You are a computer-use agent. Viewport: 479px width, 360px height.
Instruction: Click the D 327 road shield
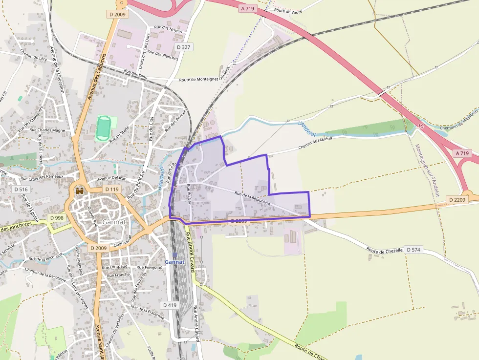pyautogui.click(x=182, y=47)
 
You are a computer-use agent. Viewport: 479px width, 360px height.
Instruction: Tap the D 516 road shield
pyautogui.click(x=21, y=189)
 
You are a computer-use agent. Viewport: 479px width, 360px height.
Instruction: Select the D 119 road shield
pyautogui.click(x=112, y=189)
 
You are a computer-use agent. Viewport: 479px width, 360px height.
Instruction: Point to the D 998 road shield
pyautogui.click(x=56, y=218)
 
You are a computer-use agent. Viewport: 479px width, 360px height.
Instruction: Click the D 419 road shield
pyautogui.click(x=169, y=305)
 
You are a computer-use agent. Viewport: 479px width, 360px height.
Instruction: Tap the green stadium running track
pyautogui.click(x=103, y=127)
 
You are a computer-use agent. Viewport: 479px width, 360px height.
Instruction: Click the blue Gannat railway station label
pyautogui.click(x=174, y=262)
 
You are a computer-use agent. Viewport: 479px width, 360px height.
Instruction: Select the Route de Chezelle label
pyautogui.click(x=385, y=250)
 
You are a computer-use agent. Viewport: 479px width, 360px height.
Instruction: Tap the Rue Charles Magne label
pyautogui.click(x=52, y=131)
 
